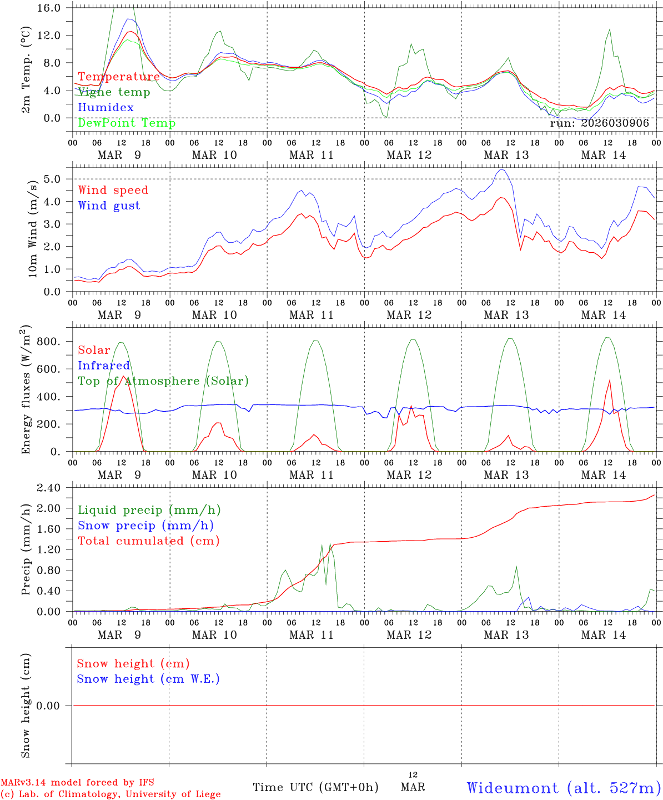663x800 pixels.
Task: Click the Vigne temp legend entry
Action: pyautogui.click(x=114, y=92)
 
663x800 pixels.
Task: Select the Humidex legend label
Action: pyautogui.click(x=106, y=108)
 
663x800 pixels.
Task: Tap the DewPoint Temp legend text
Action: pyautogui.click(x=127, y=123)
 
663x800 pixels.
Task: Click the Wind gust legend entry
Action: pyautogui.click(x=109, y=206)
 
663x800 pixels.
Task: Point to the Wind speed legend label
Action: pyautogui.click(x=113, y=190)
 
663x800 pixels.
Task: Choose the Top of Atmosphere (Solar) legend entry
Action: pyautogui.click(x=163, y=381)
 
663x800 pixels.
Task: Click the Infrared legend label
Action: pyautogui.click(x=104, y=366)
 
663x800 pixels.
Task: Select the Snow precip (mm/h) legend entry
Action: pyautogui.click(x=146, y=526)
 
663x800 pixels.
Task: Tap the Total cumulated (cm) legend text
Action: pyautogui.click(x=149, y=541)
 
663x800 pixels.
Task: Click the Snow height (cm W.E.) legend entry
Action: pyautogui.click(x=148, y=679)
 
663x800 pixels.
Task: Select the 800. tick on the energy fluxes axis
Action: pyautogui.click(x=49, y=342)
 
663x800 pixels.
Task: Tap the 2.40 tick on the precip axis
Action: pyautogui.click(x=49, y=488)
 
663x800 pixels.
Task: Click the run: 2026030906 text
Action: pyautogui.click(x=599, y=123)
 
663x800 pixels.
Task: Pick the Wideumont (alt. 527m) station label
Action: pyautogui.click(x=564, y=788)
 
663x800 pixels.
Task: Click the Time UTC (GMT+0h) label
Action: pyautogui.click(x=315, y=787)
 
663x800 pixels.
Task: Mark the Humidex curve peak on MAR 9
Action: pyautogui.click(x=129, y=19)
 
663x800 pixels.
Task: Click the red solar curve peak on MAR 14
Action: pyautogui.click(x=610, y=380)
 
